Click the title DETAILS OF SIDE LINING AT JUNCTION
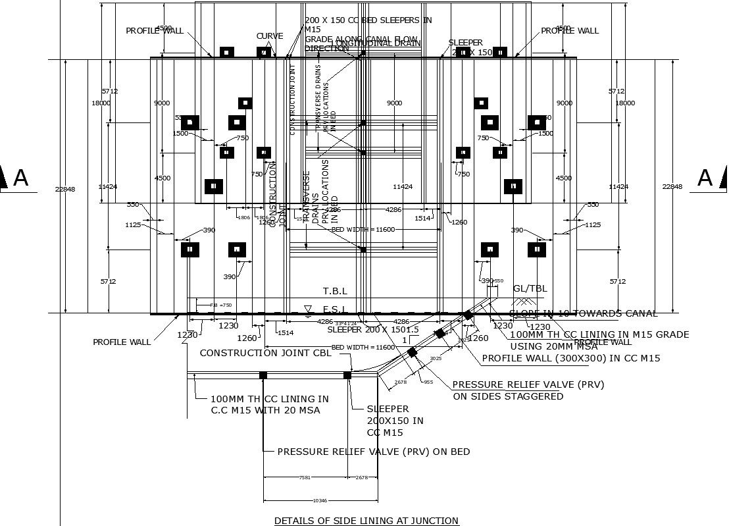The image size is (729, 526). click(x=366, y=521)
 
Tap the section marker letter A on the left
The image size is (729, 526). click(x=20, y=178)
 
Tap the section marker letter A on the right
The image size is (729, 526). click(x=705, y=178)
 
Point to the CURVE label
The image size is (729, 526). click(x=270, y=36)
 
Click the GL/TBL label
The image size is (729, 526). click(x=530, y=288)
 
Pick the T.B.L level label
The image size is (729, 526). click(x=334, y=291)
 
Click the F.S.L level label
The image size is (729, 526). click(x=334, y=309)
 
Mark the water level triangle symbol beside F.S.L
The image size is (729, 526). click(x=307, y=308)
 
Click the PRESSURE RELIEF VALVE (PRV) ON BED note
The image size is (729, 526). click(x=373, y=452)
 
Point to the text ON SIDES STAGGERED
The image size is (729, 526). click(x=508, y=396)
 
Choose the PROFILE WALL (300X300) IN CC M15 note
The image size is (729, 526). click(x=570, y=359)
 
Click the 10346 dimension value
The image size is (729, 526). click(x=320, y=501)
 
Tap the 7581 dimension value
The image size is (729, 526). click(x=305, y=478)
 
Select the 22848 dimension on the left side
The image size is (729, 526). click(x=65, y=188)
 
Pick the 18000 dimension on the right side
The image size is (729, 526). click(x=624, y=103)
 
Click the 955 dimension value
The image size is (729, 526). click(x=428, y=382)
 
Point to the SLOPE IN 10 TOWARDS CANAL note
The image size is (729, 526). click(x=583, y=313)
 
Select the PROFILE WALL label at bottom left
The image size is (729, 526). click(x=122, y=342)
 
